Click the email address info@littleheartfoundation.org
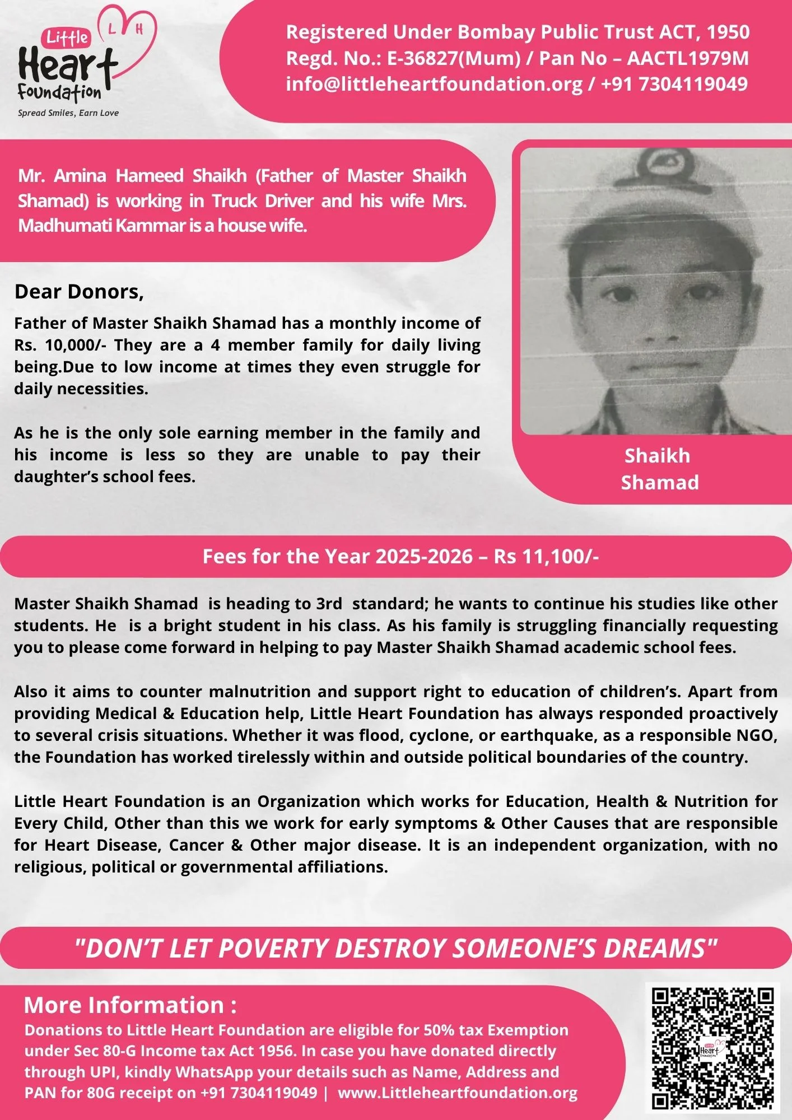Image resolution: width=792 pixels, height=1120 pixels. (434, 84)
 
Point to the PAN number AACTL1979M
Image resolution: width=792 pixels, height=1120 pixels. (688, 58)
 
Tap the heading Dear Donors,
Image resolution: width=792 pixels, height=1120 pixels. (79, 292)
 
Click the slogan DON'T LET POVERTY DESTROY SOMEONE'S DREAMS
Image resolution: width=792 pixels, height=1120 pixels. (395, 949)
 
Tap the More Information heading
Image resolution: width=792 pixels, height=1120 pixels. (130, 1005)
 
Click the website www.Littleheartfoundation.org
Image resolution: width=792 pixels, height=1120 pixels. (458, 1093)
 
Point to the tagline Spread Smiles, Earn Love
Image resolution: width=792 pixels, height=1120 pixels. (68, 113)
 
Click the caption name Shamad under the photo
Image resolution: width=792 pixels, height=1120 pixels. (660, 482)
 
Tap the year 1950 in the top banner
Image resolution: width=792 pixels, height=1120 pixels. (728, 32)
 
